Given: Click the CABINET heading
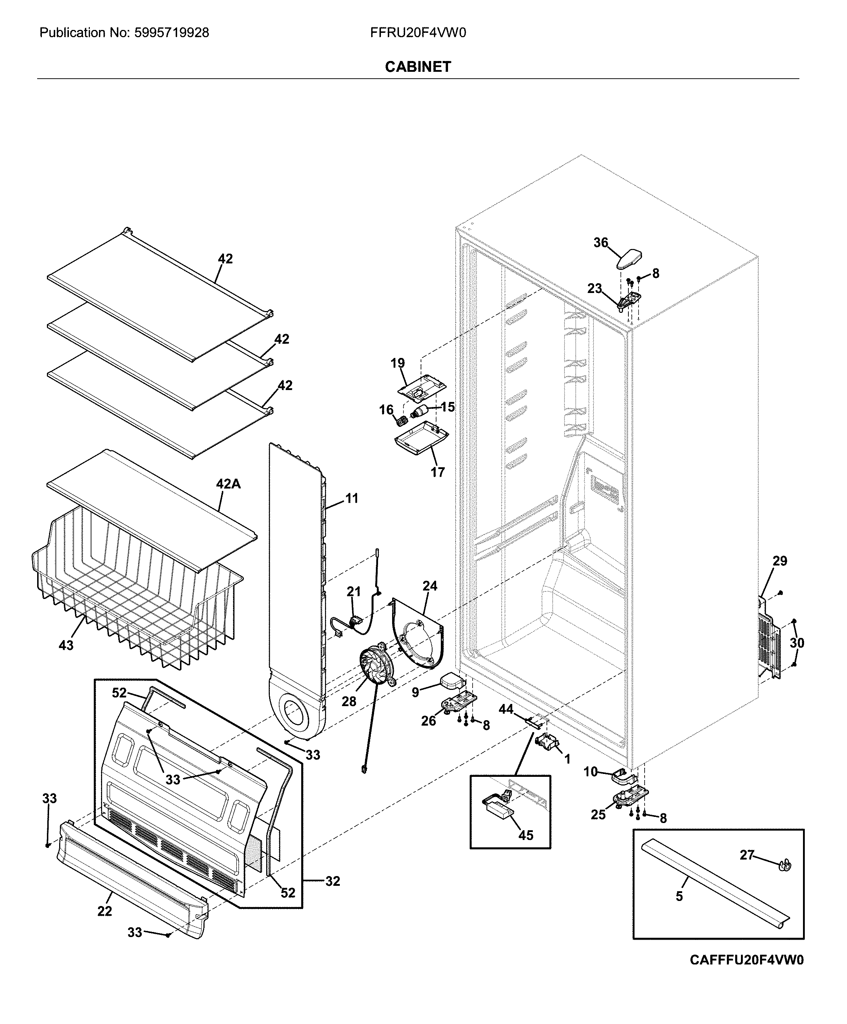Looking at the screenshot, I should click(417, 67).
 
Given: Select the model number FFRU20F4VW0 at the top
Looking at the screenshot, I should click(417, 33).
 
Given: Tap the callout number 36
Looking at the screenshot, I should click(600, 242).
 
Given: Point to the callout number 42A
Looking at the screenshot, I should click(228, 484).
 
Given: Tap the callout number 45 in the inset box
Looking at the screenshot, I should click(525, 835).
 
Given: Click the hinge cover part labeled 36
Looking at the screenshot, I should click(629, 259).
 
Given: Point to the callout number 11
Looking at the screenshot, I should click(352, 498).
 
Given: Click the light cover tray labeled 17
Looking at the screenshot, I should click(420, 438).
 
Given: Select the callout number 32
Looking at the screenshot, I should click(332, 881).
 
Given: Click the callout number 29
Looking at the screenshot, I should click(780, 561).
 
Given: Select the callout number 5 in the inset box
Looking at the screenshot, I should click(679, 896).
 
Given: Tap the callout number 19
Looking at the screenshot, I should click(398, 363).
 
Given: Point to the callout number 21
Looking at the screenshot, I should click(354, 591).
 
